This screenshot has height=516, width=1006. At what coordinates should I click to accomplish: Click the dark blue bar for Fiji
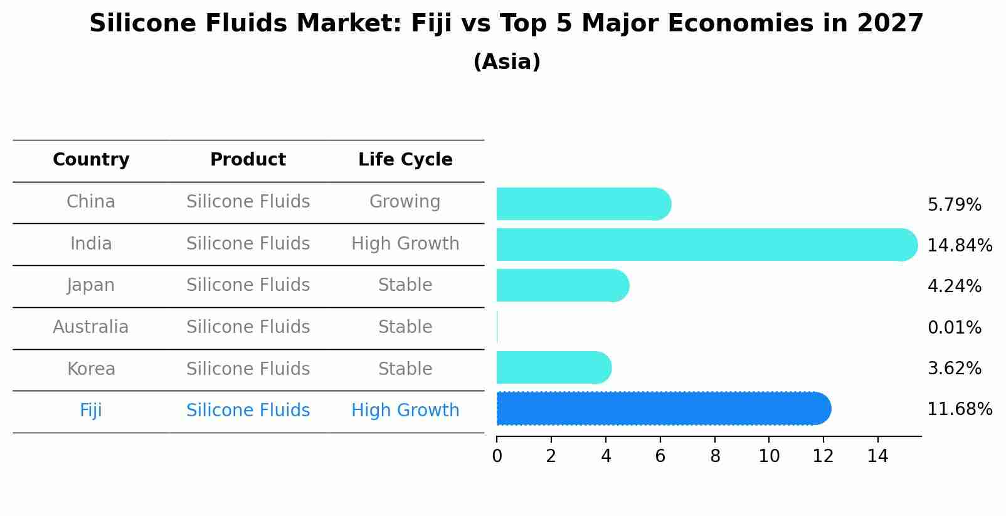[x=664, y=409]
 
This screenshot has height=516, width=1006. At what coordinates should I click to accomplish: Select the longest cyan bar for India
[x=706, y=245]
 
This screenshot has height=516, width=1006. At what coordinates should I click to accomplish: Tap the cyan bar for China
[x=583, y=204]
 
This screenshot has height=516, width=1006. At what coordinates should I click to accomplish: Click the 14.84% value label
[x=959, y=246]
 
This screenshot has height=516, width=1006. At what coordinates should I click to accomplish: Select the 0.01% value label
[x=954, y=328]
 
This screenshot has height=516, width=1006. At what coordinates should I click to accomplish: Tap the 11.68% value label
[x=959, y=409]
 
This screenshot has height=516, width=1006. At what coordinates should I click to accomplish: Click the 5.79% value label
[x=954, y=205]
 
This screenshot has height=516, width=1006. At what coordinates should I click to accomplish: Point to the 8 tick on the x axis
[x=715, y=456]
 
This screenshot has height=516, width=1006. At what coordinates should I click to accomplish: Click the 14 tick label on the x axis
[x=877, y=456]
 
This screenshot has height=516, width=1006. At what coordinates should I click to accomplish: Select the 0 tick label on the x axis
[x=497, y=456]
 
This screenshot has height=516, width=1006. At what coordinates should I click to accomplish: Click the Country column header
[x=91, y=160]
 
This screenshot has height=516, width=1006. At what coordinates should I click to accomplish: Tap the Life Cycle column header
[x=405, y=160]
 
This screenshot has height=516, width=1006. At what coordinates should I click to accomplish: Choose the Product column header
[x=248, y=160]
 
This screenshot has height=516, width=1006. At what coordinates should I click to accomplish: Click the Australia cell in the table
[x=91, y=327]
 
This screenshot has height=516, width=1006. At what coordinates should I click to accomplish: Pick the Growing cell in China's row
[x=405, y=202]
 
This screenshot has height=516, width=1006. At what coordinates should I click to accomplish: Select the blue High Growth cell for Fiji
[x=405, y=411]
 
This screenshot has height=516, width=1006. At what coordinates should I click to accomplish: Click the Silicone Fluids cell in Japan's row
[x=248, y=285]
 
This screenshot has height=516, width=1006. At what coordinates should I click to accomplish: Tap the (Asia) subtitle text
[x=507, y=62]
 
